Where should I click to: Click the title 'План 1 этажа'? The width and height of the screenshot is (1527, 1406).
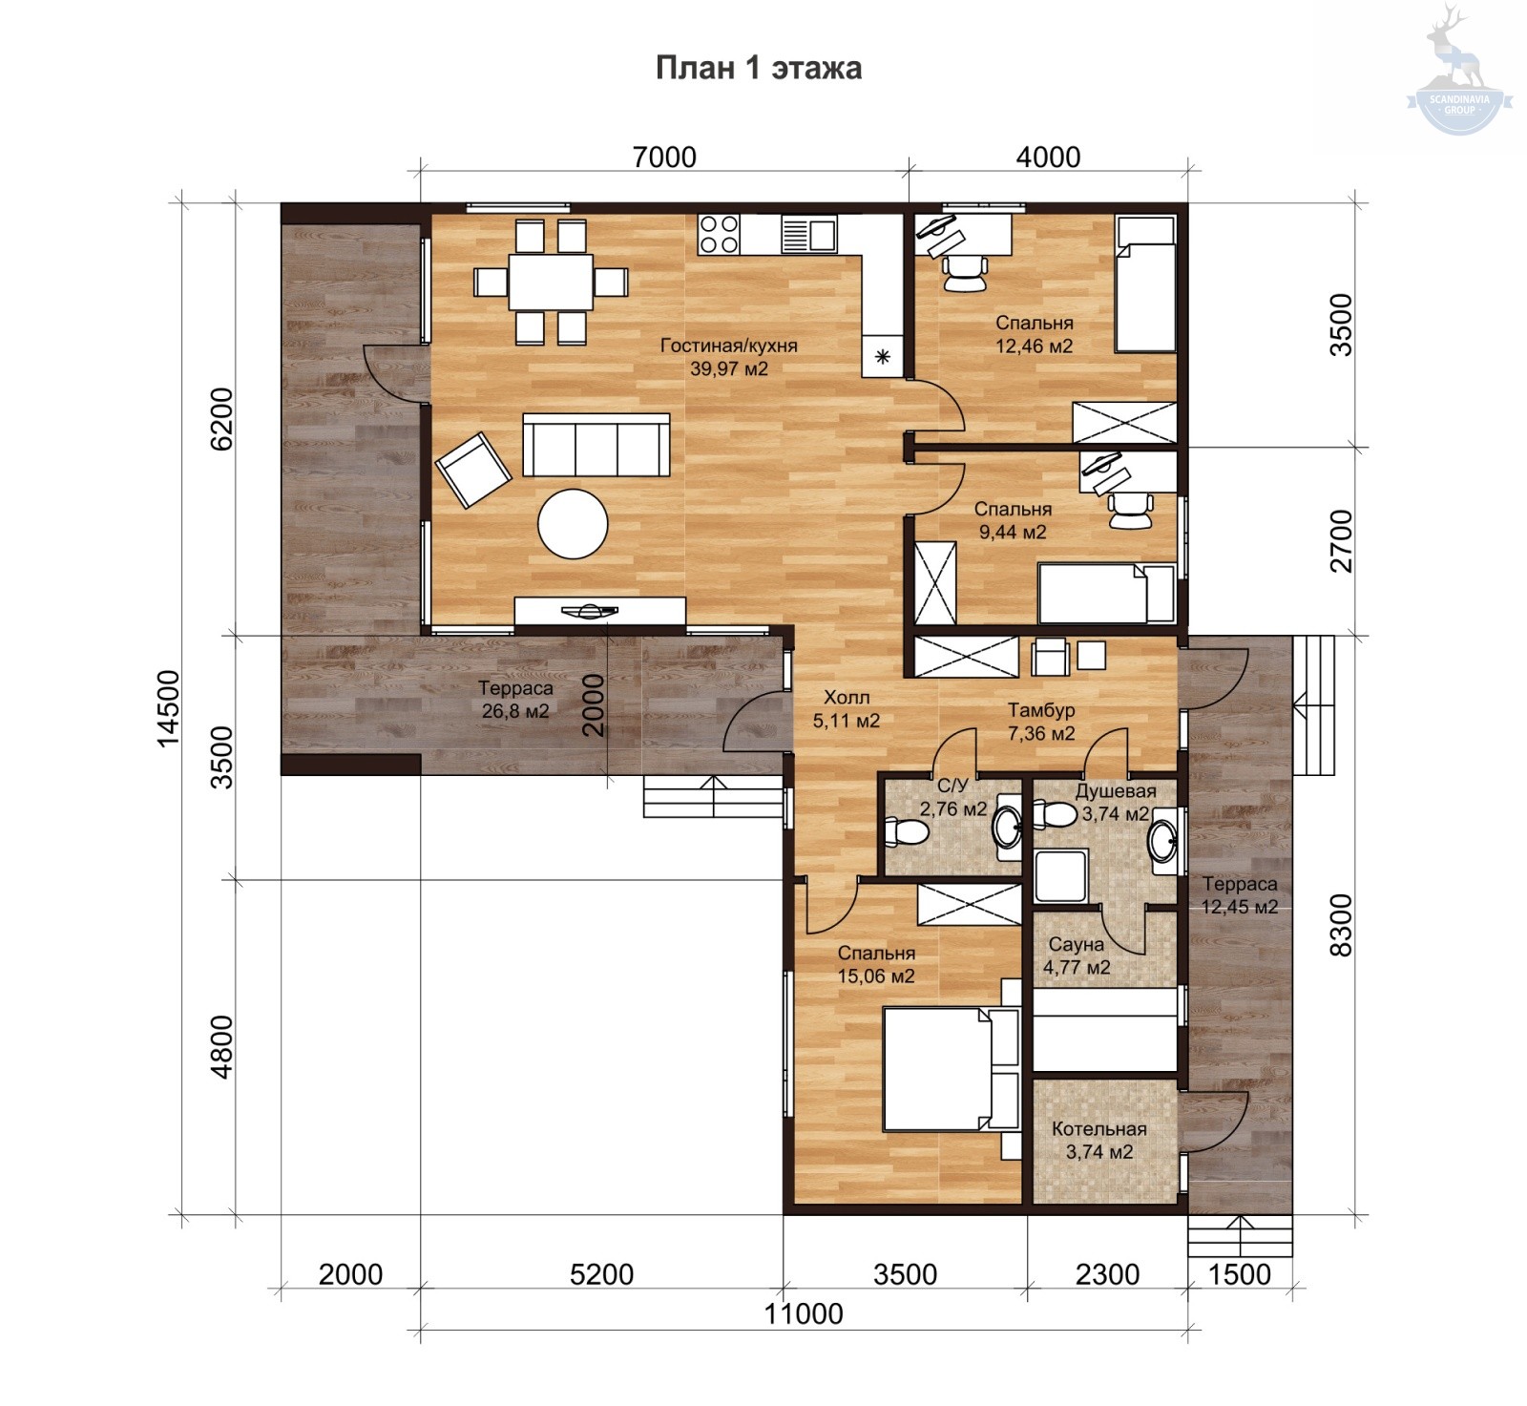click(x=759, y=69)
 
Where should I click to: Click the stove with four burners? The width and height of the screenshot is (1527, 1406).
click(x=719, y=234)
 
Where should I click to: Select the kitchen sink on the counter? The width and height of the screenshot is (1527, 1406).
click(x=808, y=233)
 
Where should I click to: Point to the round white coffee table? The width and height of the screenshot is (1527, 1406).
click(x=573, y=523)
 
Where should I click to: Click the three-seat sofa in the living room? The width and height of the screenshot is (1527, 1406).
click(x=596, y=445)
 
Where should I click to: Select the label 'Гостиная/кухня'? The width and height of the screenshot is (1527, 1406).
click(x=728, y=346)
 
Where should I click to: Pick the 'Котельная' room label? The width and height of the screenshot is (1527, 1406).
click(x=1099, y=1129)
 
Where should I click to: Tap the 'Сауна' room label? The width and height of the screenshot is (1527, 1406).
click(x=1077, y=945)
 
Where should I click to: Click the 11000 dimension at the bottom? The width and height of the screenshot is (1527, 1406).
click(x=804, y=1314)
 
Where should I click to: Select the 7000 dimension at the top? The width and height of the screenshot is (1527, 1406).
click(x=664, y=157)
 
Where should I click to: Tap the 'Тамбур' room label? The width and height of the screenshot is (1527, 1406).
click(x=1042, y=710)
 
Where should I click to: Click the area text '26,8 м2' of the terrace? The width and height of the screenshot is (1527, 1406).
click(x=515, y=711)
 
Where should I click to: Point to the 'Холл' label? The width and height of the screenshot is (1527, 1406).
click(x=847, y=697)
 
